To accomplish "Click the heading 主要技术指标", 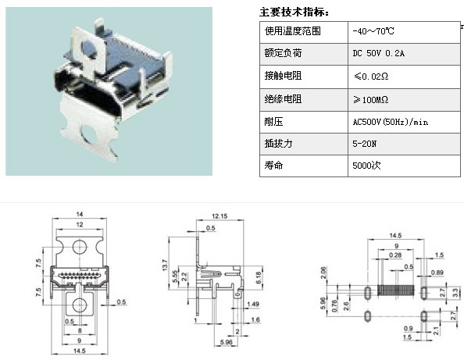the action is (294, 12).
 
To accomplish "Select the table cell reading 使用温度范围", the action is (292, 30).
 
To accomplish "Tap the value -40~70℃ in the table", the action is (373, 31).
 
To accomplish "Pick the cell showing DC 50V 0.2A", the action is (378, 53).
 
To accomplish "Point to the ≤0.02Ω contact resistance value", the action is (371, 77).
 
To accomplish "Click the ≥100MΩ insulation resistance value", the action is (370, 99).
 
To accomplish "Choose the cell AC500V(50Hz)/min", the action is (390, 122).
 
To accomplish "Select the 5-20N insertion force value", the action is (364, 144).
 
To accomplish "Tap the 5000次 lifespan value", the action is (366, 165).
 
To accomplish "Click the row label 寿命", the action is (273, 165).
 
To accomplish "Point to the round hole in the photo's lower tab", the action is (89, 134).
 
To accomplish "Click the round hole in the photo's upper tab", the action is (89, 49).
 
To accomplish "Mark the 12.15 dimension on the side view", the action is (220, 216).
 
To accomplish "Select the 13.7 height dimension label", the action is (165, 265).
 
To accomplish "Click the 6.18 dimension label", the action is (259, 278).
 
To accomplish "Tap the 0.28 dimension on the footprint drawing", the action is (395, 255).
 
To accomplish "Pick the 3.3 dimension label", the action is (455, 293).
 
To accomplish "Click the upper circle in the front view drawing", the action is (80, 247).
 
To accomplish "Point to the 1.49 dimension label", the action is (253, 304).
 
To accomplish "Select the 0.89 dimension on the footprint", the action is (437, 273).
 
